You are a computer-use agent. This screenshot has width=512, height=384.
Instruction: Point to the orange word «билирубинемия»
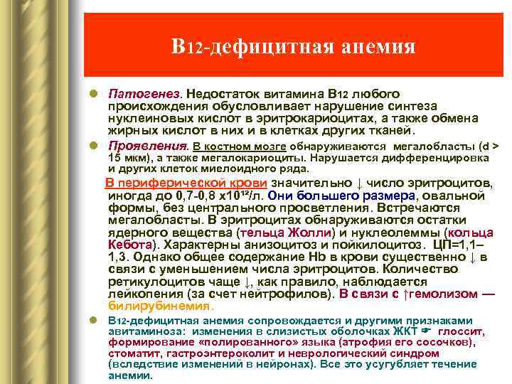point(159,306)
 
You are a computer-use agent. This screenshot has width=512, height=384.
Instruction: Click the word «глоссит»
point(462,332)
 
